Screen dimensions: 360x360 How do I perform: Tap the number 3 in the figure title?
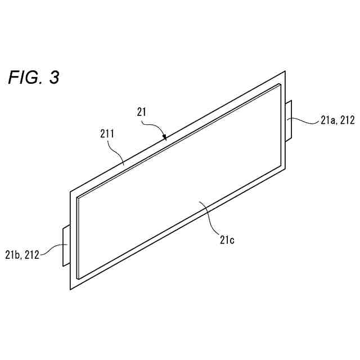[x=54, y=78]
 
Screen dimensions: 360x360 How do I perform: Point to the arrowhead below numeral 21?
[x=164, y=137]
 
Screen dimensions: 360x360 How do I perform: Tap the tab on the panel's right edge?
[x=290, y=121]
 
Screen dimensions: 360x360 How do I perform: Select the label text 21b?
[x=13, y=254]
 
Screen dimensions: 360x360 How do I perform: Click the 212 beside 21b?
[x=32, y=254]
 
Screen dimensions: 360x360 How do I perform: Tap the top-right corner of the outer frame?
[x=286, y=71]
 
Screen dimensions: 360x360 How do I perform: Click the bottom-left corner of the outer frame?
[x=70, y=290]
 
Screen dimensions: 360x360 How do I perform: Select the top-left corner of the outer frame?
[x=70, y=192]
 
